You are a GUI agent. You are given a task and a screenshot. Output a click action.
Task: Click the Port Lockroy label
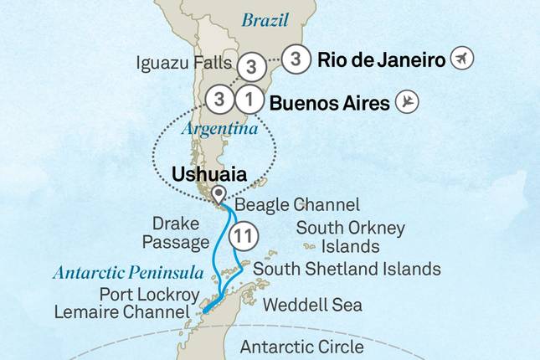pos(149,295)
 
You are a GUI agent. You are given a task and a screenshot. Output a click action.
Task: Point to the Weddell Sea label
pos(312,305)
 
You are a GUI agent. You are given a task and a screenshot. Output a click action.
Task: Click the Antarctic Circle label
pos(301,346)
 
